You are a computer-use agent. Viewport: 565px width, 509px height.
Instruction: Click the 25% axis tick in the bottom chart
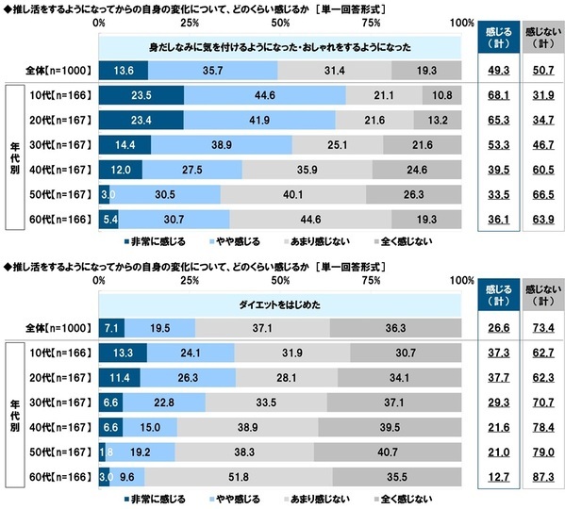point(189,280)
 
